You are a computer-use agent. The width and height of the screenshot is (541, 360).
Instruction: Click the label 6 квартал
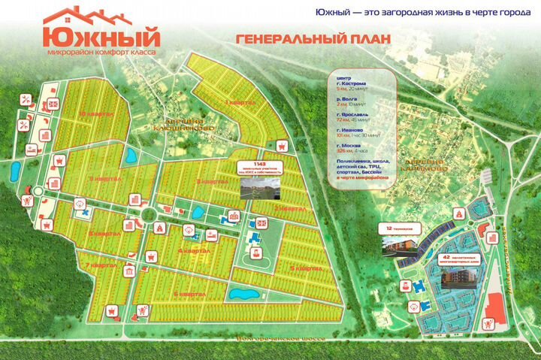pyautogui.click(x=190, y=294)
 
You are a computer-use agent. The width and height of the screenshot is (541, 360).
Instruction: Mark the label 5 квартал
pyautogui.click(x=307, y=268)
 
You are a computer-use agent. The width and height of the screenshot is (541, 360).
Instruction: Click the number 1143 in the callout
pyautogui.click(x=260, y=163)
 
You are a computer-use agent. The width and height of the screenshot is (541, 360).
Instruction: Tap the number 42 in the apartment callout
pyautogui.click(x=446, y=258)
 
